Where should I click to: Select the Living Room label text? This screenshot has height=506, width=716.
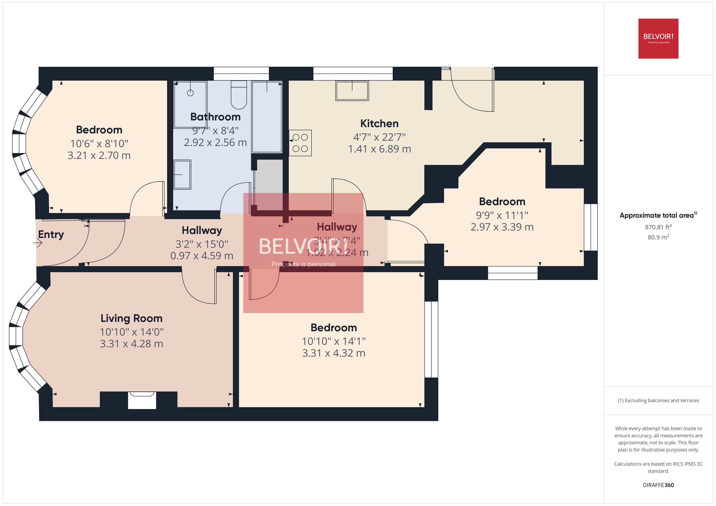point(131,318)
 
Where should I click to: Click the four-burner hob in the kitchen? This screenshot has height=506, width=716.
point(300,143)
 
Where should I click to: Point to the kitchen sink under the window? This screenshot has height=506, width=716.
point(352,91)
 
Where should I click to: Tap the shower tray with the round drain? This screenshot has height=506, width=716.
point(190,104)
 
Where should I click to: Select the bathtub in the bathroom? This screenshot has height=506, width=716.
point(267,117)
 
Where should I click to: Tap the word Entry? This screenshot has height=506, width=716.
point(51,234)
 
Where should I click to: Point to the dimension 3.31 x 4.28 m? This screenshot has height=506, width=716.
point(131,344)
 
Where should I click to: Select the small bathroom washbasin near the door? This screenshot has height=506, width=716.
point(182,175)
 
